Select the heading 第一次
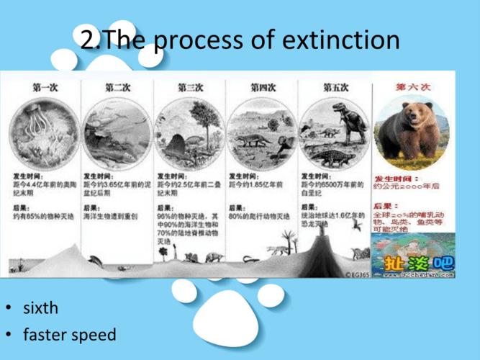(45, 87)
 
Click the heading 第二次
(117, 87)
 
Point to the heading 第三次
(190, 87)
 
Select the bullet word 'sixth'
(40, 309)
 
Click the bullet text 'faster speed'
(69, 335)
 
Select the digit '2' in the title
(88, 40)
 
